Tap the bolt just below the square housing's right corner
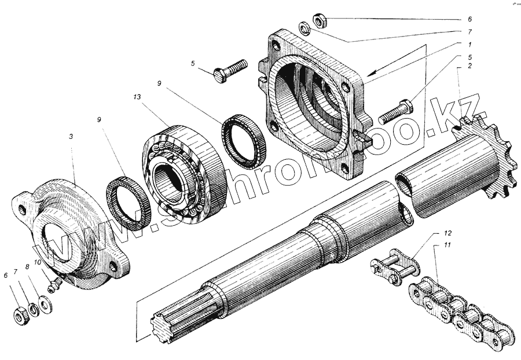point(395,111)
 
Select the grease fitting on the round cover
point(54,285)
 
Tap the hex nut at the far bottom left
point(19,315)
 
